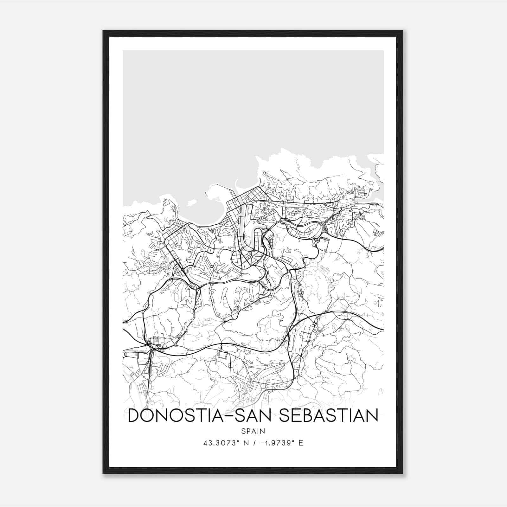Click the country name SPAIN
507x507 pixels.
[x=253, y=431]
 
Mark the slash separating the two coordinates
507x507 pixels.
[x=252, y=443]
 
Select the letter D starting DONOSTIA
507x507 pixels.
[x=134, y=415]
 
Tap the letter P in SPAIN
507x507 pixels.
[x=247, y=431]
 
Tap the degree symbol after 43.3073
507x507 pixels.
[x=237, y=441]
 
